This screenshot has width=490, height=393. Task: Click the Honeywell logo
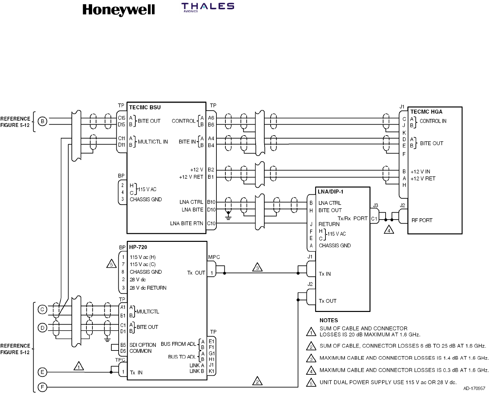(118, 10)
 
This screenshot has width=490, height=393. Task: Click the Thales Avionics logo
(208, 8)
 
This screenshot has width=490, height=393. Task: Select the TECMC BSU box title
(145, 107)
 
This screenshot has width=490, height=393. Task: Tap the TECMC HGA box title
(426, 112)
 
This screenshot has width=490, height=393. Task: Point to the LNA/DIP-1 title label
(330, 192)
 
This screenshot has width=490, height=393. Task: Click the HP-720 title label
(138, 247)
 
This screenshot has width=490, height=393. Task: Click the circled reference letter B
(42, 121)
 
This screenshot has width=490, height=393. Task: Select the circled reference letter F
(42, 387)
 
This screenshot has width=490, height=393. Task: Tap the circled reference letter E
(42, 372)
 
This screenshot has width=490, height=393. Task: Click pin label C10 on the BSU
(211, 224)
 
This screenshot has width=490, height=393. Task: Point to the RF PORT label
(422, 220)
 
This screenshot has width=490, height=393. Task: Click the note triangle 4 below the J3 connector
(389, 230)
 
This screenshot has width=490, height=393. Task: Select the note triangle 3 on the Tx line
(257, 267)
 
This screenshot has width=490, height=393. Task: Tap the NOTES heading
(328, 320)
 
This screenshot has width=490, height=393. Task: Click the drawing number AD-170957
(474, 388)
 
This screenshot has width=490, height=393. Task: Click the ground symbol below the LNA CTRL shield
(228, 216)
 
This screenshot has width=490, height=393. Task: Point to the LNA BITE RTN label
(186, 224)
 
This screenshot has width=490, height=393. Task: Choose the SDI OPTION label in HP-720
(143, 345)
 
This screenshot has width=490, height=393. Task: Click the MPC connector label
(214, 257)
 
